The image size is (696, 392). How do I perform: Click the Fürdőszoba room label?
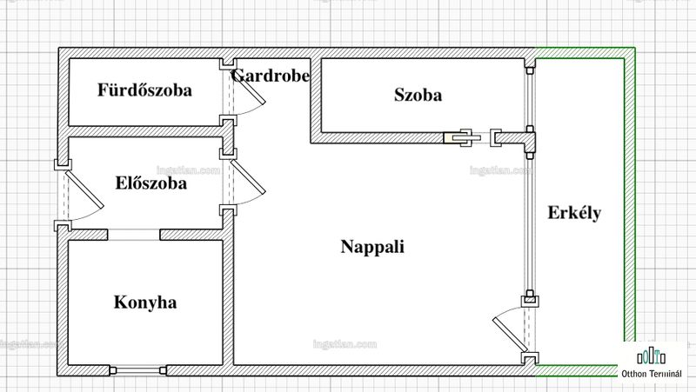(x=144, y=90)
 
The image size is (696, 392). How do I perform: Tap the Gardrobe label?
(x=271, y=76)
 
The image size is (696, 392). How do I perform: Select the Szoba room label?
(x=418, y=95)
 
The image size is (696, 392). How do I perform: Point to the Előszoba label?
(x=151, y=183)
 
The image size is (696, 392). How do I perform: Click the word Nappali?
(x=372, y=247)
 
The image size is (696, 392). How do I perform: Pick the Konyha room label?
(x=145, y=302)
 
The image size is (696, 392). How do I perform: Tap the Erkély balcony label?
(x=574, y=213)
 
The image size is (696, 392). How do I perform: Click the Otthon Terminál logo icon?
(x=651, y=355)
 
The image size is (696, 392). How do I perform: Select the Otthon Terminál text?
(x=651, y=374)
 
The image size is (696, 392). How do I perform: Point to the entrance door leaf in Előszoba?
(x=84, y=189)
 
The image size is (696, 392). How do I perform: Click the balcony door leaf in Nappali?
(x=510, y=335)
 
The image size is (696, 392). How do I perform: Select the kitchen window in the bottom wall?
(x=138, y=370)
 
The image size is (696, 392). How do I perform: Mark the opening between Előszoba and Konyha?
(x=134, y=235)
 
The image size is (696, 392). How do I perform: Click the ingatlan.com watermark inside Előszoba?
(x=188, y=170)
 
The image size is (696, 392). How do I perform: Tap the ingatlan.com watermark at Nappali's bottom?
(x=345, y=344)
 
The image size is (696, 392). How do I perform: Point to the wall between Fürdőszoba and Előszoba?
(x=145, y=131)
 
